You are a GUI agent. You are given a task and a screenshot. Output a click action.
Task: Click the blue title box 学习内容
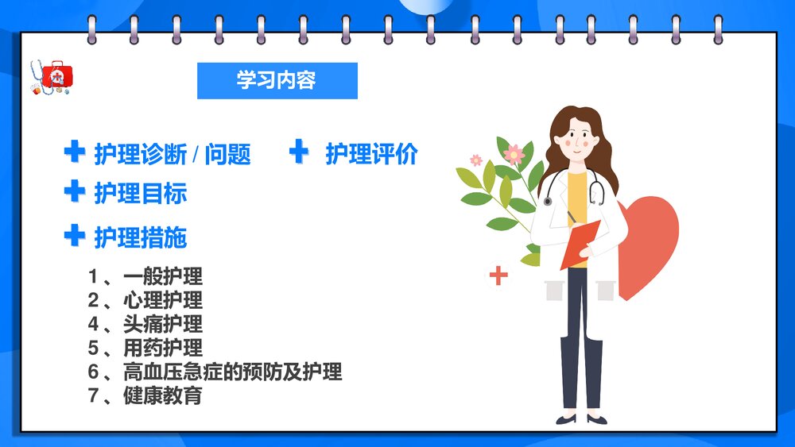tap(277, 80)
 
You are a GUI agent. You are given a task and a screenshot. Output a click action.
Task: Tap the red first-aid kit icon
tap(57, 76)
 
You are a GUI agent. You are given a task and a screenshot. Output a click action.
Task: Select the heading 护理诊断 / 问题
tap(173, 154)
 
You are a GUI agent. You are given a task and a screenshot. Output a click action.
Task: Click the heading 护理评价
tap(370, 154)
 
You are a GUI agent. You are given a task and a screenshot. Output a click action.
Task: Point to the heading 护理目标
tap(141, 193)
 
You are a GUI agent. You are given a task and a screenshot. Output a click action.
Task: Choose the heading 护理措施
tap(141, 237)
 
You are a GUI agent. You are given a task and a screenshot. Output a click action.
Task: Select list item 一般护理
tap(163, 276)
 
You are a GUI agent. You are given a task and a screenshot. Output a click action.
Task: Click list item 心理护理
tap(163, 300)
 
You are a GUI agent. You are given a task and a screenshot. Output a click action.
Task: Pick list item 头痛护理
tap(163, 324)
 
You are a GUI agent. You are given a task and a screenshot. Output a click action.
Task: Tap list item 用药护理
tap(163, 348)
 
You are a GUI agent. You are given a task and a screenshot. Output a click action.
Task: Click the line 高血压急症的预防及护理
tap(232, 371)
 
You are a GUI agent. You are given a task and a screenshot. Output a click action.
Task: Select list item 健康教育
tap(163, 395)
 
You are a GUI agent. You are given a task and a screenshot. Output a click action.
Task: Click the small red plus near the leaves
tap(498, 276)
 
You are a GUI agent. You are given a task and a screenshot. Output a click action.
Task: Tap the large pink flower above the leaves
tap(514, 153)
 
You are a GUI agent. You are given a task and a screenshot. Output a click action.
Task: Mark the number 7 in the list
tap(94, 395)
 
